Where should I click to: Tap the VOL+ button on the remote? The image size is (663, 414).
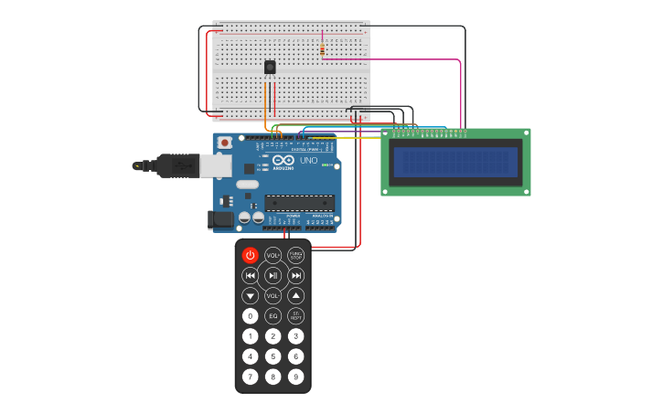[x=273, y=255]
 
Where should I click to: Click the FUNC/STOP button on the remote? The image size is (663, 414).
[x=295, y=255]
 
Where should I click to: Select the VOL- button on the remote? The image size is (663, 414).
[x=273, y=296]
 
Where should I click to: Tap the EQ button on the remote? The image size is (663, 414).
[x=273, y=316]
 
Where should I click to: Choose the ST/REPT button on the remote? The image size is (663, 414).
[x=295, y=316]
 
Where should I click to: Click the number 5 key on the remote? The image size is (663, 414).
[x=273, y=356]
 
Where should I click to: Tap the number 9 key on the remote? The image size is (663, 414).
[x=295, y=377]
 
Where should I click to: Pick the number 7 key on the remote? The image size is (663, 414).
[x=250, y=377]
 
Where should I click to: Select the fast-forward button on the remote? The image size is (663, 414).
[x=295, y=275]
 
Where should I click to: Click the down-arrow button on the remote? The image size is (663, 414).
[x=250, y=296]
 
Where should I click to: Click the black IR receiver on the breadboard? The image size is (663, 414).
[x=270, y=67]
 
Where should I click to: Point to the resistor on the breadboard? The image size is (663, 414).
[x=322, y=48]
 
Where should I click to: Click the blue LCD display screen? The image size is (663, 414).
[x=455, y=163]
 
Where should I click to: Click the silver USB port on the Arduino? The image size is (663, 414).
[x=216, y=165]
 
